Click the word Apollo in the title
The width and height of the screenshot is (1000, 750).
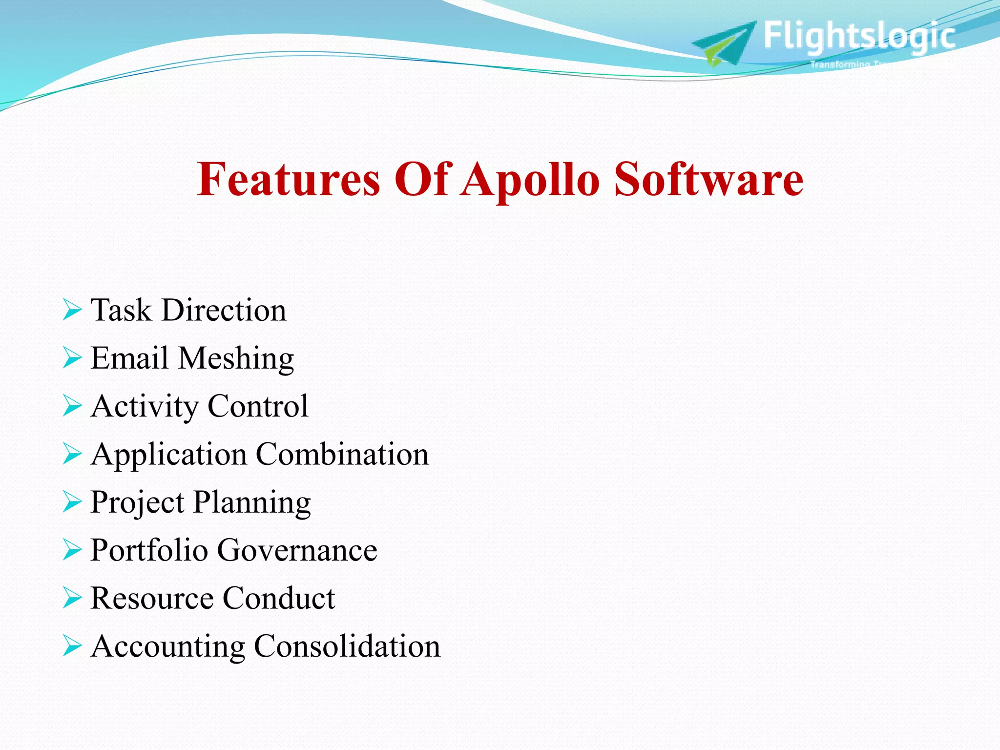pyautogui.click(x=529, y=181)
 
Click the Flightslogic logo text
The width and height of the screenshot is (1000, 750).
pyautogui.click(x=859, y=36)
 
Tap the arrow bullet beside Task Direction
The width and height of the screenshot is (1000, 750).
pyautogui.click(x=72, y=311)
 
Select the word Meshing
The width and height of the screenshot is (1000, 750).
pyautogui.click(x=236, y=359)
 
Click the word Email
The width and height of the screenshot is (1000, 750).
pyautogui.click(x=129, y=358)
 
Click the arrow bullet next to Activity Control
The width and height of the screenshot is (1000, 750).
pyautogui.click(x=72, y=406)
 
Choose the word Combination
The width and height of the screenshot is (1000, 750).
pyautogui.click(x=342, y=454)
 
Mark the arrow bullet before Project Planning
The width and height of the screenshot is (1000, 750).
pyautogui.click(x=72, y=502)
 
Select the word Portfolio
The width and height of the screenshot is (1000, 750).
pyautogui.click(x=149, y=550)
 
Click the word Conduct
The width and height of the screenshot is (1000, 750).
pyautogui.click(x=279, y=598)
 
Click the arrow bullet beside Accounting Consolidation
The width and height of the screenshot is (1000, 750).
pyautogui.click(x=72, y=646)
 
